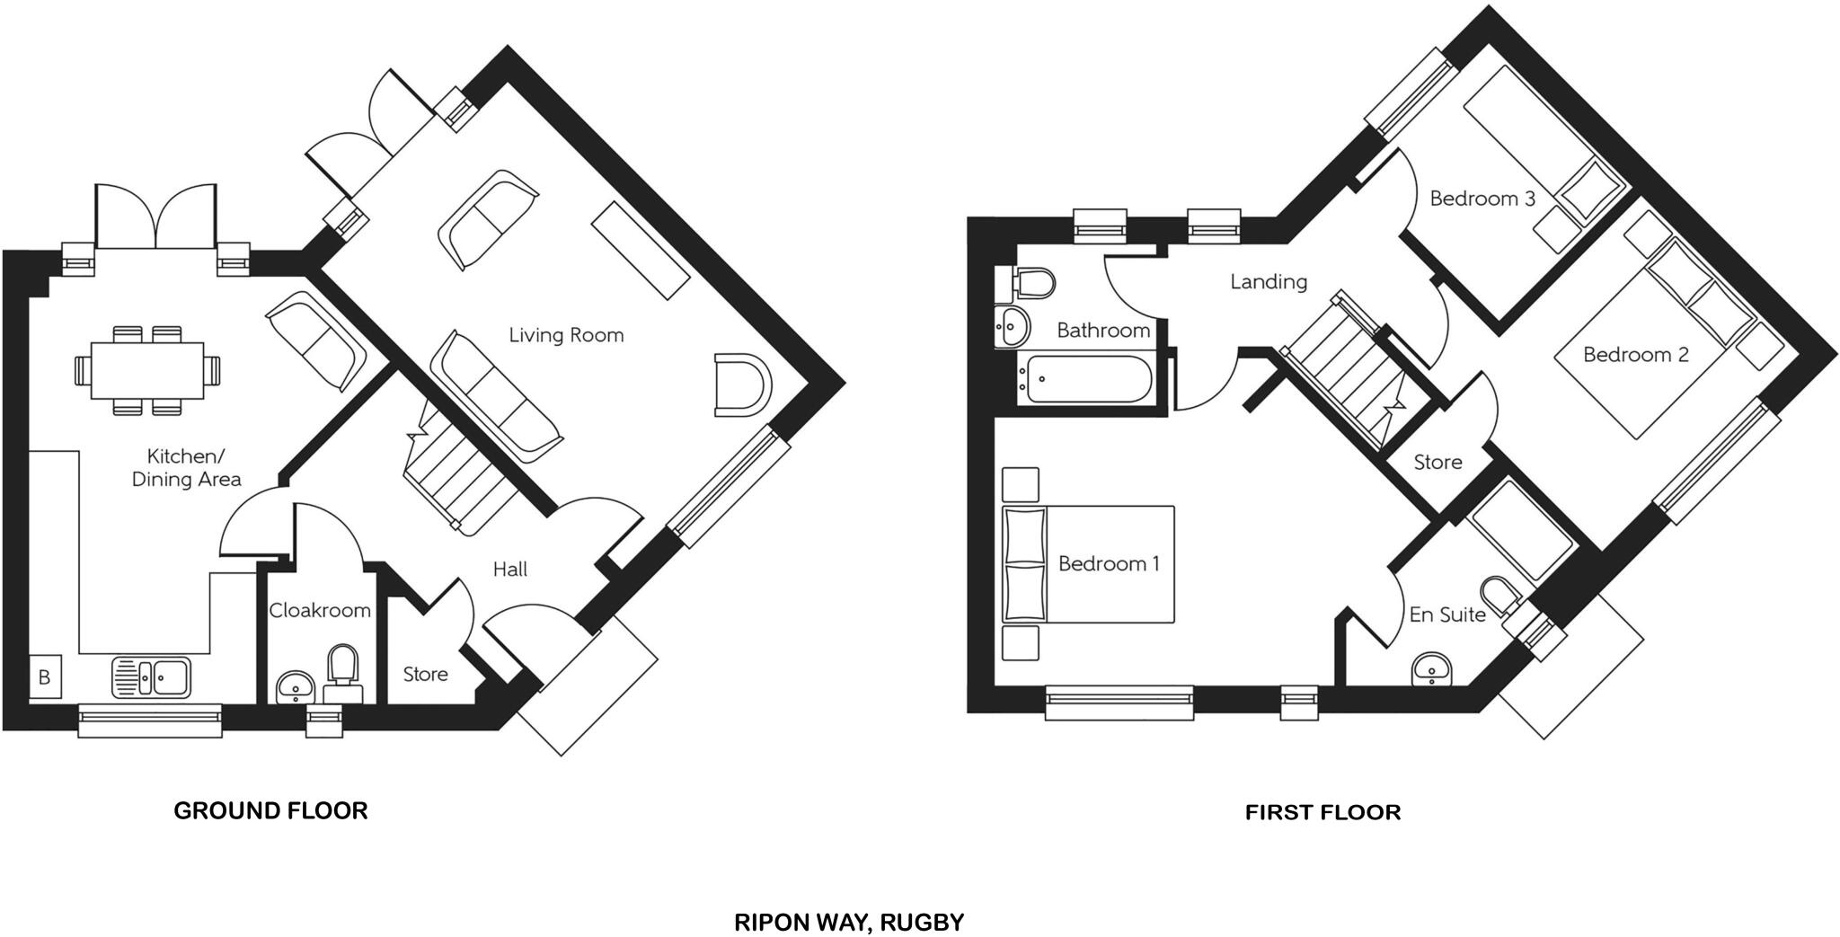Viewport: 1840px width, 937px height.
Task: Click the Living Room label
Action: (x=566, y=335)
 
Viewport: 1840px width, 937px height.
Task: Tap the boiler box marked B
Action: (x=44, y=676)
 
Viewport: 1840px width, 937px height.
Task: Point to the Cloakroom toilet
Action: (x=342, y=670)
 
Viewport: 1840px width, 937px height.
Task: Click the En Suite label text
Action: (x=1446, y=614)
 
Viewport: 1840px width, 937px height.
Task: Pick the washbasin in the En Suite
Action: (x=1430, y=669)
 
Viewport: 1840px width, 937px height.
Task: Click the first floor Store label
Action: (x=1437, y=462)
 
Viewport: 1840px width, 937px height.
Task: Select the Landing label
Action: (x=1268, y=281)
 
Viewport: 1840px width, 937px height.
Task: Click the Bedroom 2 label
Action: (x=1635, y=354)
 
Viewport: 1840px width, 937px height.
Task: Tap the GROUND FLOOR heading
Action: (x=270, y=810)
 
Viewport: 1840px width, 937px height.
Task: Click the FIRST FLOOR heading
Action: (x=1322, y=812)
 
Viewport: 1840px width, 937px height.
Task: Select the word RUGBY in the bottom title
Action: (x=922, y=922)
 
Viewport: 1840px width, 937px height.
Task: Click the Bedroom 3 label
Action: (x=1482, y=198)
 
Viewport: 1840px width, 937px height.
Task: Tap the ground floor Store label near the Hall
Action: (x=425, y=674)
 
